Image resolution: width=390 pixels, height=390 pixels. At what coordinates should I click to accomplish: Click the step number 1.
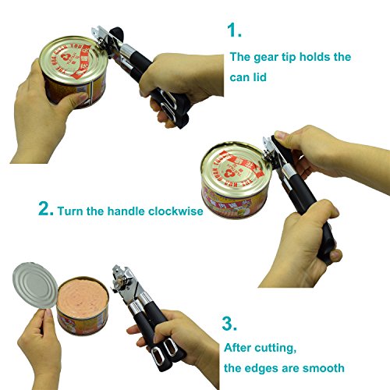[233, 30]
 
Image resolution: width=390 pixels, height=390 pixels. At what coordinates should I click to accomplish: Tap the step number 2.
[46, 208]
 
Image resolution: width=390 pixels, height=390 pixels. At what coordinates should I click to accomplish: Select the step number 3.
[229, 324]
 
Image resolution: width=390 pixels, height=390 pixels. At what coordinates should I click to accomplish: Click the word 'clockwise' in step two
[175, 211]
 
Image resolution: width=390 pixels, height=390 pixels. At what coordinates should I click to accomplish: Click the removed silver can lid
[34, 285]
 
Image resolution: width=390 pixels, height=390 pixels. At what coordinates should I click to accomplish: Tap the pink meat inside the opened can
[83, 297]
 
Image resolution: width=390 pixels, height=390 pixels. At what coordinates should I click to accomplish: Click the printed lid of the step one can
[73, 60]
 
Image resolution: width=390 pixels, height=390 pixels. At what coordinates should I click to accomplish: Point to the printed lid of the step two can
[236, 168]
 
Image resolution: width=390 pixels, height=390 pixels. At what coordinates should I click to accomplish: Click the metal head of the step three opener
[126, 284]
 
